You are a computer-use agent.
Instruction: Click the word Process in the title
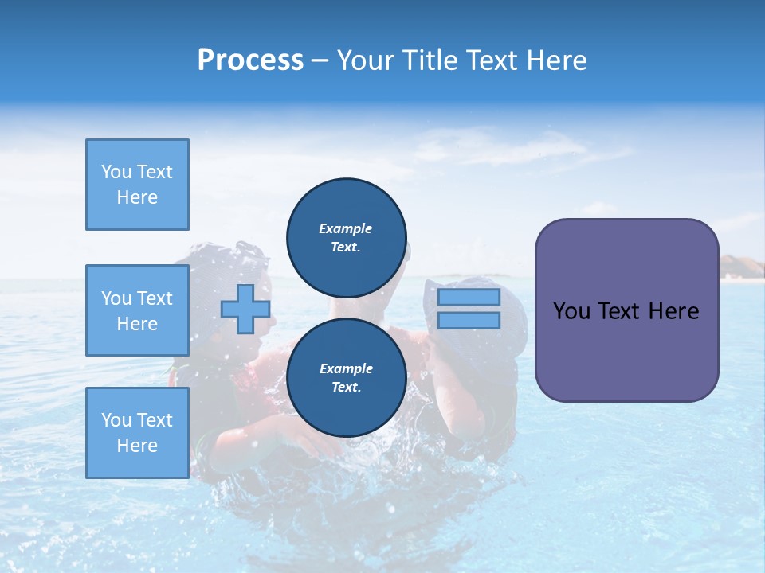[x=250, y=60]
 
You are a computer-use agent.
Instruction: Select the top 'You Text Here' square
[x=137, y=185]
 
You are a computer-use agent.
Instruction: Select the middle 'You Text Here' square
[x=137, y=310]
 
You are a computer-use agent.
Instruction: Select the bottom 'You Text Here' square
[x=137, y=432]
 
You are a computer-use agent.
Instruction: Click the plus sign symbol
[x=245, y=309]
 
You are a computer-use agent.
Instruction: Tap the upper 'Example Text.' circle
[x=347, y=238]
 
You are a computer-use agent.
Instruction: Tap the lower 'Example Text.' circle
[x=347, y=378]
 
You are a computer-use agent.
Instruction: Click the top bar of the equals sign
[x=469, y=298]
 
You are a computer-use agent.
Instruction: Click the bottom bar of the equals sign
[x=469, y=321]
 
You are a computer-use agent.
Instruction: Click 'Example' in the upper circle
[x=346, y=228]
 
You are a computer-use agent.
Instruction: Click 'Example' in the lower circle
[x=346, y=368]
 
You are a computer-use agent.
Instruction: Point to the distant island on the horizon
[x=741, y=267]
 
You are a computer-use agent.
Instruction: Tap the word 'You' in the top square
[x=116, y=172]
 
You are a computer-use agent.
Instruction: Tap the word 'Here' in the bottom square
[x=137, y=446]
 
